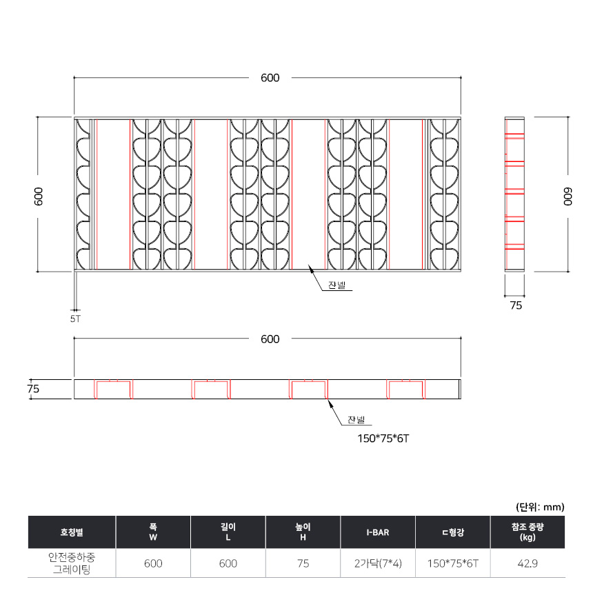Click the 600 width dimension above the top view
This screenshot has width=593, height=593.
[x=270, y=78]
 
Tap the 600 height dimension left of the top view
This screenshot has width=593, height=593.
[x=39, y=197]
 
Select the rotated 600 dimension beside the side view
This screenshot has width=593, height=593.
[x=567, y=197]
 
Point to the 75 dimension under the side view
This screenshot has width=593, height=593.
[x=516, y=305]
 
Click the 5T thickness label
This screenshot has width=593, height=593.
[x=75, y=319]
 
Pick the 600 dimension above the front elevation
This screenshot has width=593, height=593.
[x=270, y=339]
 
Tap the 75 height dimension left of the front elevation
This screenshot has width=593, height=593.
[x=33, y=389]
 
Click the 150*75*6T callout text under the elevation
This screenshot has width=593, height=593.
[x=383, y=439]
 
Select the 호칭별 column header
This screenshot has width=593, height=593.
[x=72, y=532]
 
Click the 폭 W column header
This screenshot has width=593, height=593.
[x=153, y=532]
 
